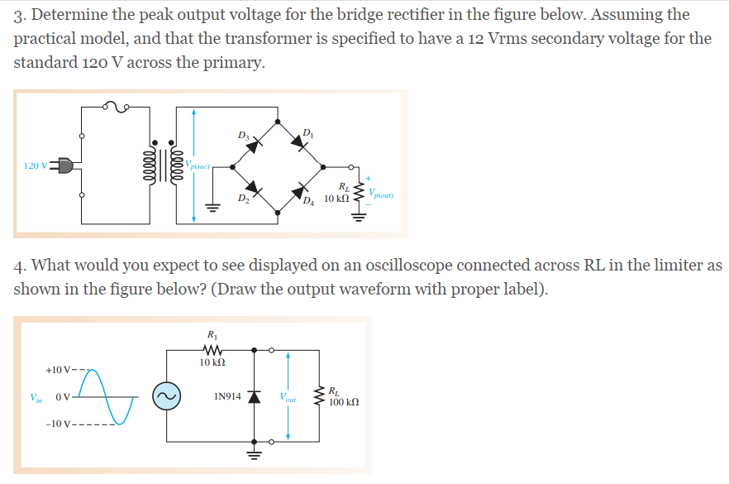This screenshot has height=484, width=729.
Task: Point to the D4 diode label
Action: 309,199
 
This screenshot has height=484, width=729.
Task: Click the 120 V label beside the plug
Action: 36,165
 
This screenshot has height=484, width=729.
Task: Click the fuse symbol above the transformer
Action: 115,105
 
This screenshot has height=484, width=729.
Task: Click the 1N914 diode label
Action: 227,396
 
